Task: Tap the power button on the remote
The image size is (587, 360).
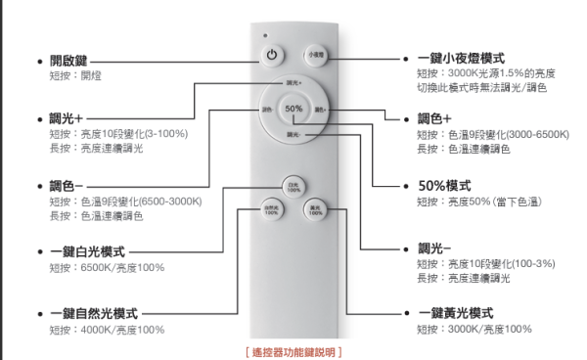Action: tap(272, 56)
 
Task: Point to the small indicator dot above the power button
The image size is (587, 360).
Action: tap(265, 35)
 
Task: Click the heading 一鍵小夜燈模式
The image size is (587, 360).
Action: tap(468, 59)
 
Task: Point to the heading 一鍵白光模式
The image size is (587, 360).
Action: tap(87, 251)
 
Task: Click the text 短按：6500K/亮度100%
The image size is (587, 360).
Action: tap(107, 268)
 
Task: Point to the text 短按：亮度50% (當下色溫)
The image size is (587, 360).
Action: tap(480, 202)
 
